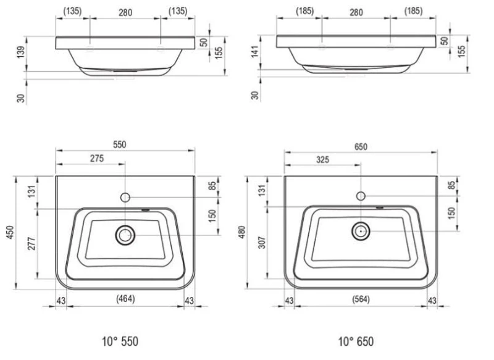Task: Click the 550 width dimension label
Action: [119, 144]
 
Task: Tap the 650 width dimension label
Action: [361, 146]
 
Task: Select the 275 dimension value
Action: [97, 158]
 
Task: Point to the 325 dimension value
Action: [322, 160]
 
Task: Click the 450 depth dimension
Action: [10, 232]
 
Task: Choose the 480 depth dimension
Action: [241, 232]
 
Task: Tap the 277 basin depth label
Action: [31, 243]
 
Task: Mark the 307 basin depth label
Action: [262, 242]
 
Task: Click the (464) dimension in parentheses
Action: [125, 298]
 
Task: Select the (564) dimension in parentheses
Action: [361, 299]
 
